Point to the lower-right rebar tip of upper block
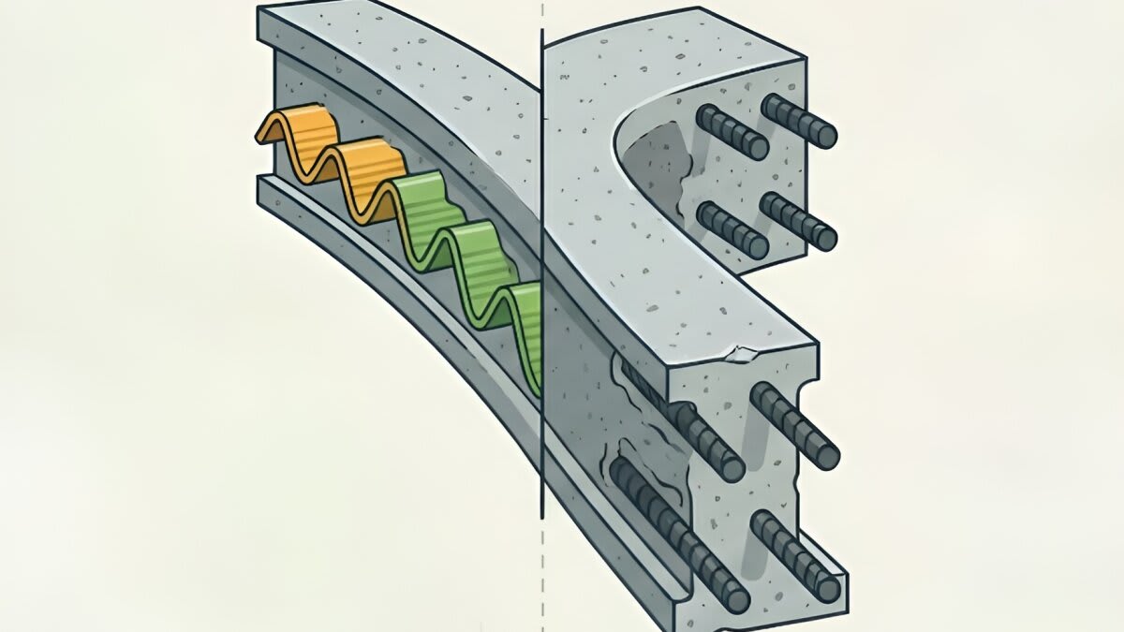point(825,236)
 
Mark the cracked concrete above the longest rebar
point(623,440)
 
